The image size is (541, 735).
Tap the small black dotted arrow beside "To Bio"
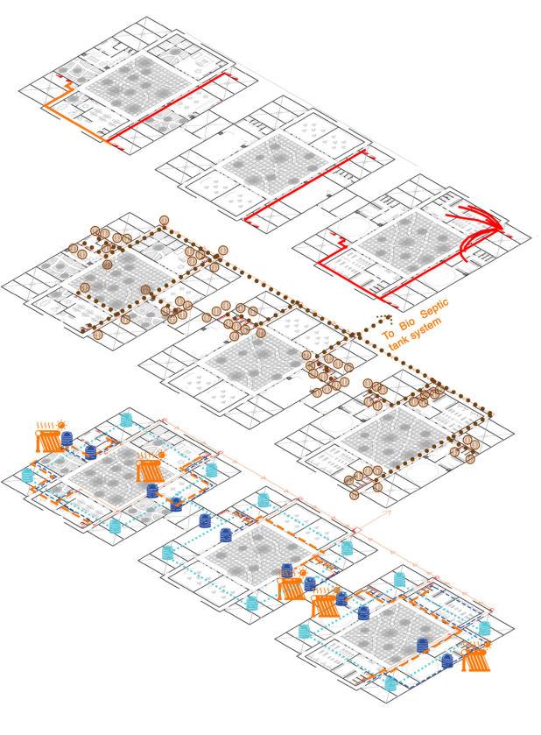coord(378,319)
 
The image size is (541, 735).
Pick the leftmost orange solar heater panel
coord(51,439)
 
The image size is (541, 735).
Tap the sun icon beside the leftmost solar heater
coord(65,425)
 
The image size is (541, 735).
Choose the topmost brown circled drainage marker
coord(163,219)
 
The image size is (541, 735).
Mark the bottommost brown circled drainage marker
coord(355,495)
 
